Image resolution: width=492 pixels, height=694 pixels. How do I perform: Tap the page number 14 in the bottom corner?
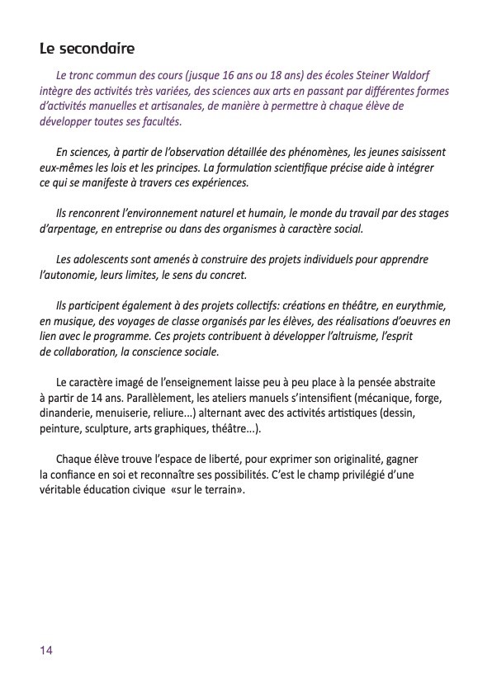coord(46,650)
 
